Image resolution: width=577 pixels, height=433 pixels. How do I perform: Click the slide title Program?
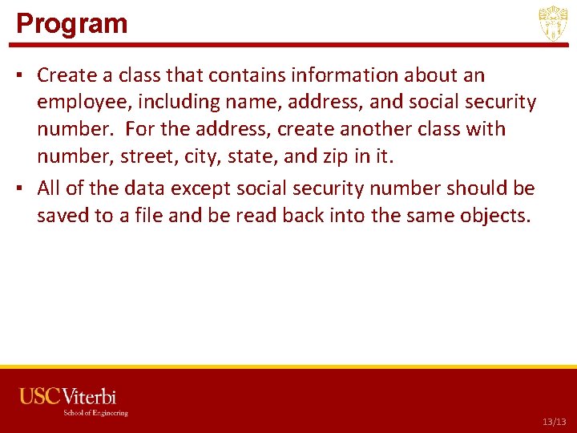coord(72,23)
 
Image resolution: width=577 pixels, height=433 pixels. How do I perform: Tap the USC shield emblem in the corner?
coord(553,23)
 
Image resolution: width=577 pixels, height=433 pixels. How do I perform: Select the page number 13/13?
coord(553,421)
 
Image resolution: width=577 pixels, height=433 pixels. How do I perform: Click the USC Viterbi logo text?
coord(68,396)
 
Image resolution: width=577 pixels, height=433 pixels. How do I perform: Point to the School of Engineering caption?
coord(95,413)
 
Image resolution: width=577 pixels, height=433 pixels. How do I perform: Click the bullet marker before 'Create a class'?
coord(22,76)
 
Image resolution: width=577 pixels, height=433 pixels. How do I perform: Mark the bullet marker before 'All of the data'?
coord(22,189)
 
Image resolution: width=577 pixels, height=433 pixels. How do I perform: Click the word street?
coord(149,156)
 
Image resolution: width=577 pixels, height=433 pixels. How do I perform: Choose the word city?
coord(200,156)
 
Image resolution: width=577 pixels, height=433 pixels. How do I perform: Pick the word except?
coord(206,188)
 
